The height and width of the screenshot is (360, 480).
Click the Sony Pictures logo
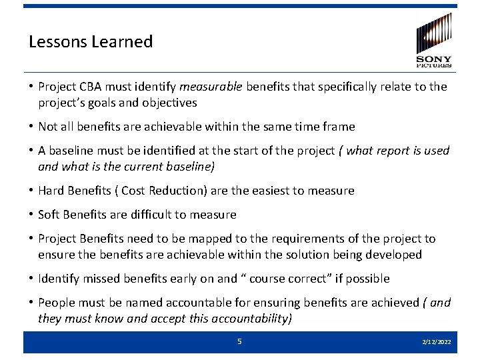(433, 41)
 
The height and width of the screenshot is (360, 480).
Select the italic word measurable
(211, 87)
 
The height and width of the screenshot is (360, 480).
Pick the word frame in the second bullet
(338, 127)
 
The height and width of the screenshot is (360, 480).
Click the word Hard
(51, 191)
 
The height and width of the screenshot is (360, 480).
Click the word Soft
(50, 215)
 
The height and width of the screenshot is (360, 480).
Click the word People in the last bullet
(56, 303)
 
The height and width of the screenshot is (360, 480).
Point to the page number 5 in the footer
(239, 341)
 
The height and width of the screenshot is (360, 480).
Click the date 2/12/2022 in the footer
(437, 342)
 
